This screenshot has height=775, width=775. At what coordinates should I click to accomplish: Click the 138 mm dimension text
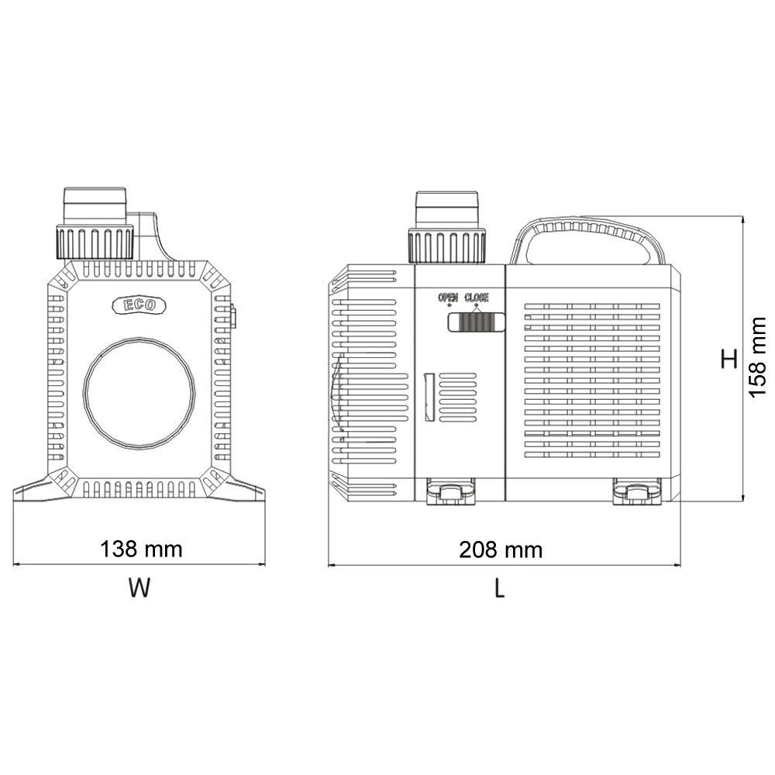tap(141, 549)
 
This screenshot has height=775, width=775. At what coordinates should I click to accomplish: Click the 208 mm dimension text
tap(501, 550)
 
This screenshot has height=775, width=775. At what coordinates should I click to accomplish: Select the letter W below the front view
tap(139, 589)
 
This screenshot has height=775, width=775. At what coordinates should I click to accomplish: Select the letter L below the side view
tap(500, 589)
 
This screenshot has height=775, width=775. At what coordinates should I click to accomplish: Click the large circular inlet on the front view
tap(139, 392)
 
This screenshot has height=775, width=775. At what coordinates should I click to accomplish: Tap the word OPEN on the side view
tap(448, 298)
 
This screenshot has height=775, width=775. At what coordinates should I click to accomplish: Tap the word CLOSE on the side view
tap(477, 298)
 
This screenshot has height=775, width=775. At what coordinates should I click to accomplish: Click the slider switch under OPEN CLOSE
tap(476, 322)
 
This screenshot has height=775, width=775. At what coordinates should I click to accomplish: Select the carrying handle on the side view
tap(587, 230)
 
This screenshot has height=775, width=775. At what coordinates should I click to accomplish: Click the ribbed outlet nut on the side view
tap(447, 246)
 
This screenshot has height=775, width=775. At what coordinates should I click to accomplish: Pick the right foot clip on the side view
tap(635, 493)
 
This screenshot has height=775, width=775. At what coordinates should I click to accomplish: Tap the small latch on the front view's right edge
tap(233, 317)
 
